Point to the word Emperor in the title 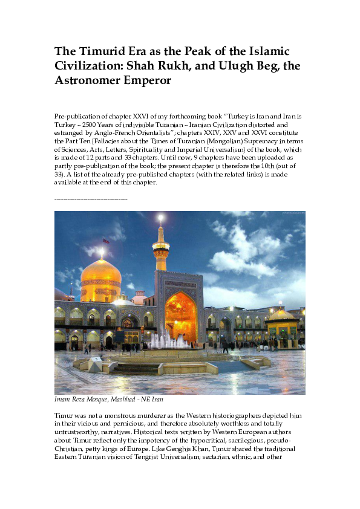(148, 80)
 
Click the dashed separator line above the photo (91, 199)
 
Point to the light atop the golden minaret (160, 217)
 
